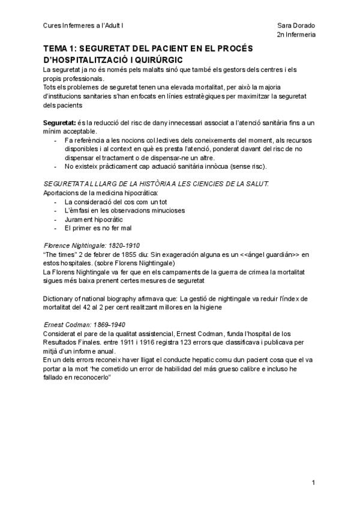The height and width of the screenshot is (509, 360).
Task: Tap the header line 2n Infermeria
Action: click(x=296, y=35)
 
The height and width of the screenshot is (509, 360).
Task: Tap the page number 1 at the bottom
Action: click(x=314, y=482)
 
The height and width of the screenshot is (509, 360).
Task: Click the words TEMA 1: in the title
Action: click(x=60, y=49)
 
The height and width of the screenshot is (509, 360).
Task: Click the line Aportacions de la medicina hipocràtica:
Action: click(x=101, y=193)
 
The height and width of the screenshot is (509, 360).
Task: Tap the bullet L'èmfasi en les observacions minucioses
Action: click(x=125, y=211)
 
